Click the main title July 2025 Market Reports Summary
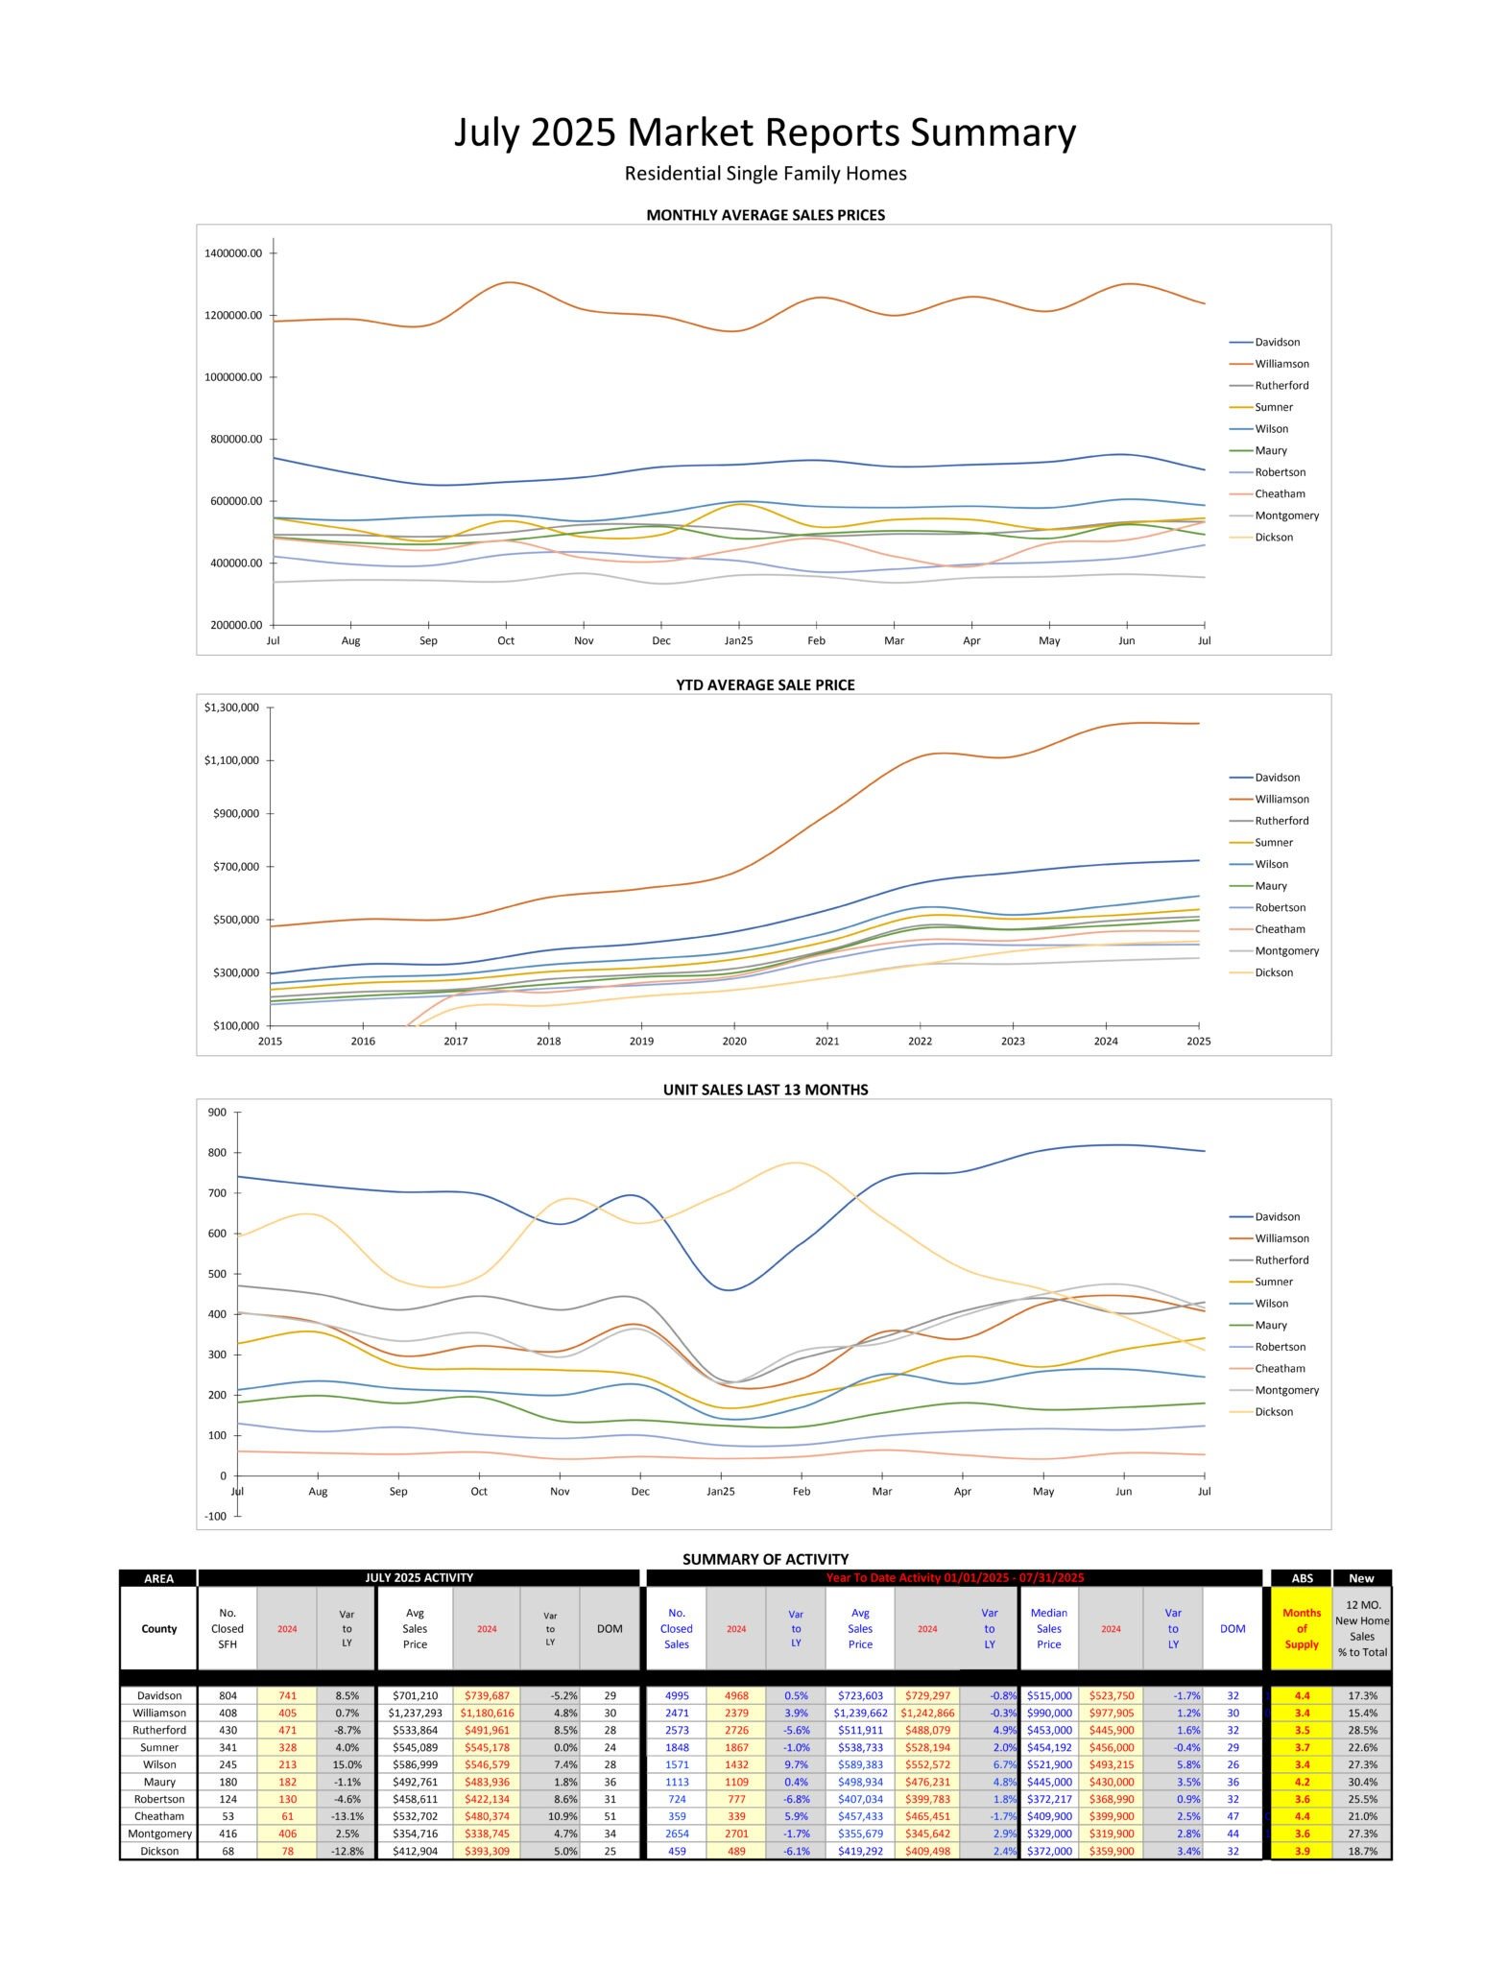tap(764, 132)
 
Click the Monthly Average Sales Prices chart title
tap(765, 215)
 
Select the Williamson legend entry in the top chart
tap(1281, 364)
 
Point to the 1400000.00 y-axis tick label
tap(232, 253)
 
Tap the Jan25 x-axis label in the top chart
tap(738, 640)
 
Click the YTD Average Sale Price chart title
tap(765, 684)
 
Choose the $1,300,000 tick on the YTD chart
tap(231, 707)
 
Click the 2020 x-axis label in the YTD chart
tap(734, 1041)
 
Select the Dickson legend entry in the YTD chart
tap(1273, 972)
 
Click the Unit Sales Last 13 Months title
tap(765, 1090)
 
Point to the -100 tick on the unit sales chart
tap(216, 1516)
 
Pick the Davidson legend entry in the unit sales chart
tap(1277, 1216)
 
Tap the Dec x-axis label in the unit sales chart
tap(640, 1491)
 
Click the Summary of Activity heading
tap(765, 1559)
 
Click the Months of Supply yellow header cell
tap(1302, 1628)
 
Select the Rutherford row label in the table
tap(159, 1730)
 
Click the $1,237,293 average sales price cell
tap(415, 1713)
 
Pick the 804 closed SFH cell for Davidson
tap(227, 1695)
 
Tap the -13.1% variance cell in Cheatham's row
tap(347, 1816)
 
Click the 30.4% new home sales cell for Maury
tap(1361, 1782)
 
